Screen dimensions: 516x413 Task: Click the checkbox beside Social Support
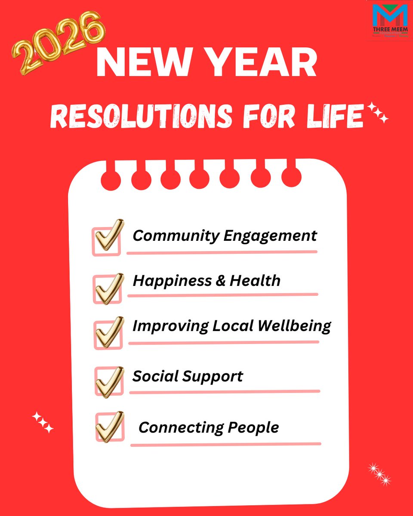tap(108, 381)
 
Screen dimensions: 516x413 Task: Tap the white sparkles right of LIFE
tap(379, 114)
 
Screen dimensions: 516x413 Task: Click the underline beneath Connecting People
tap(225, 444)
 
